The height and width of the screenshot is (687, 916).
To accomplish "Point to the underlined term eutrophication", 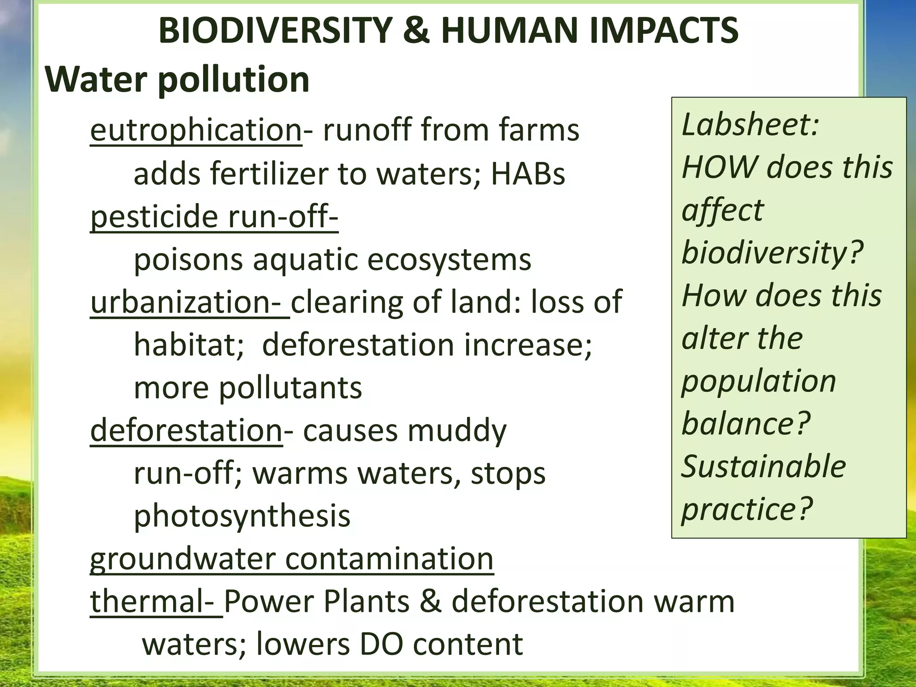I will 196,130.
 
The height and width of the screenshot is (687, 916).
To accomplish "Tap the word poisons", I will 188,259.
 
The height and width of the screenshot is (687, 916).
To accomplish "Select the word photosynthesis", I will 242,516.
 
